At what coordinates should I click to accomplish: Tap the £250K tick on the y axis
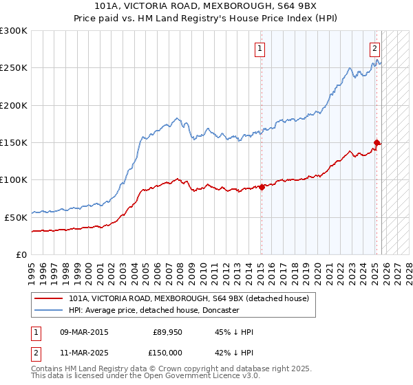pos(14,68)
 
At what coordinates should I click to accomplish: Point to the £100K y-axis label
pos(14,179)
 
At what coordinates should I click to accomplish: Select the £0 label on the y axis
pos(21,254)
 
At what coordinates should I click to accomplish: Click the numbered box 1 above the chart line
pos(260,48)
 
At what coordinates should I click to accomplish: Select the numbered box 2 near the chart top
pos(374,48)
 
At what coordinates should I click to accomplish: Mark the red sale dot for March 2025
pos(377,143)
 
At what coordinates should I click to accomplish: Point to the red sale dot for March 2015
pos(262,187)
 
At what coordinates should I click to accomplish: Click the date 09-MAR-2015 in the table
pos(85,332)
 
